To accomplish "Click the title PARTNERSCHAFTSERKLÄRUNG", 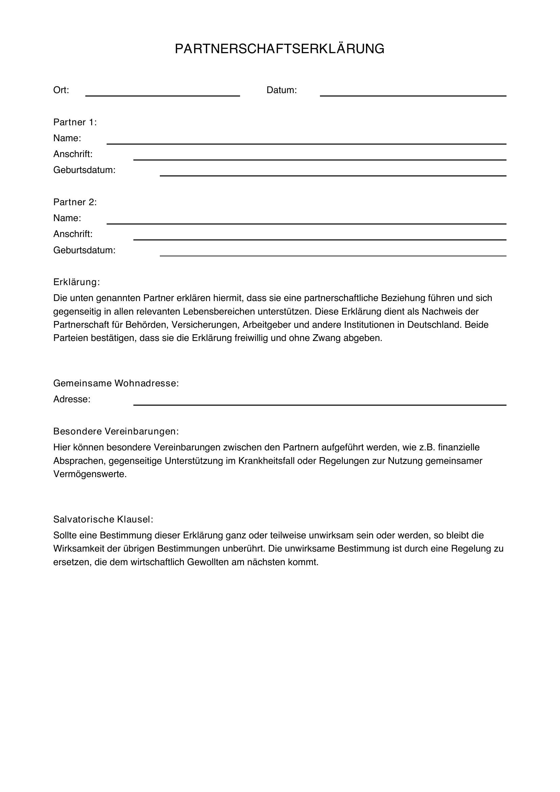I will click(x=279, y=49).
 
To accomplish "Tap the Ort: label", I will click(x=61, y=90).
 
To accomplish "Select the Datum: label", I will click(x=281, y=90).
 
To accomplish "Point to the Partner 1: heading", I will click(x=75, y=122).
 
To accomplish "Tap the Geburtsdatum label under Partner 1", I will click(x=84, y=170).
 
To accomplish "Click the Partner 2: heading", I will click(x=75, y=202).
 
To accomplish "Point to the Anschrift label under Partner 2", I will click(x=73, y=234).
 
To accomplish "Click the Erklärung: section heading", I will click(x=77, y=282).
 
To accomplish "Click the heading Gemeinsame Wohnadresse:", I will click(x=116, y=383).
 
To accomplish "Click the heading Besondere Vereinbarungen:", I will click(x=116, y=431).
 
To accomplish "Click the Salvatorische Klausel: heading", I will click(x=103, y=519).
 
